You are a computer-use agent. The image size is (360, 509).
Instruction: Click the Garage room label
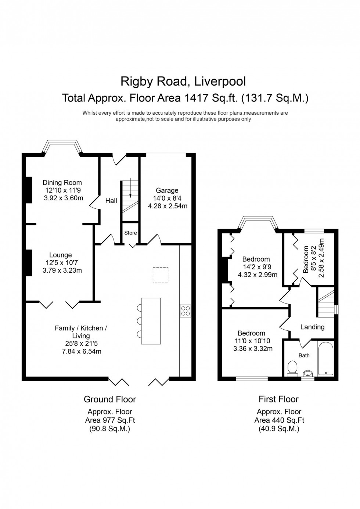pyautogui.click(x=167, y=190)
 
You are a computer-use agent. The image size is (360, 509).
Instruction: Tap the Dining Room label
pyautogui.click(x=62, y=183)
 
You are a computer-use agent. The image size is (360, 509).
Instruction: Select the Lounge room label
pyautogui.click(x=61, y=255)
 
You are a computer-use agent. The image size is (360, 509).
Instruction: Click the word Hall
pyautogui.click(x=111, y=201)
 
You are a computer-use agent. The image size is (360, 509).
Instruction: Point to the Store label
pyautogui.click(x=130, y=233)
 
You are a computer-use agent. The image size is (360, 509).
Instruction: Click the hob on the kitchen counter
pyautogui.click(x=185, y=311)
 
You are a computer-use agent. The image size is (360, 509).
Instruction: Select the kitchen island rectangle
pyautogui.click(x=151, y=321)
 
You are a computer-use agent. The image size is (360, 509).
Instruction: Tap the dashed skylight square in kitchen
pyautogui.click(x=161, y=275)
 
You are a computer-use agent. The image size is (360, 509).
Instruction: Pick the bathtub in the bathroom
pyautogui.click(x=326, y=359)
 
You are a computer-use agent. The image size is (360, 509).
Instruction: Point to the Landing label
pyautogui.click(x=312, y=327)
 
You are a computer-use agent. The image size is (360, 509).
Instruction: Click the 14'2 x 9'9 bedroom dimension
pyautogui.click(x=257, y=267)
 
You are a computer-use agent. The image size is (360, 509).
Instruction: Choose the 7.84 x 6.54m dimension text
pyautogui.click(x=81, y=351)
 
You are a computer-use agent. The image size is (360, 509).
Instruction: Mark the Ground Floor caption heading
pyautogui.click(x=110, y=399)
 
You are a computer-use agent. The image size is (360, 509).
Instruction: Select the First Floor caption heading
pyautogui.click(x=278, y=399)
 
